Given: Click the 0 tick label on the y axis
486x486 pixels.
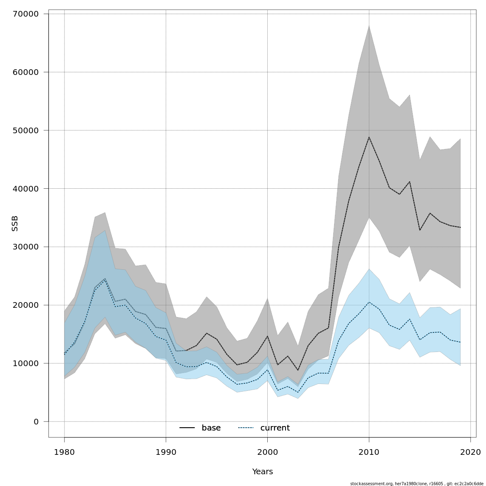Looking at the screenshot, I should pyautogui.click(x=36, y=422).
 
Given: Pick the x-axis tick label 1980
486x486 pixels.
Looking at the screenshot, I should pyautogui.click(x=64, y=452).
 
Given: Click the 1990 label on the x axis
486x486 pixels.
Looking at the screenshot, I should pyautogui.click(x=166, y=452).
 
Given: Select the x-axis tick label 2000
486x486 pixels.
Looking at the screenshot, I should pyautogui.click(x=267, y=452).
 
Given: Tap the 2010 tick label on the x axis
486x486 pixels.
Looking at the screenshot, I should pyautogui.click(x=369, y=452).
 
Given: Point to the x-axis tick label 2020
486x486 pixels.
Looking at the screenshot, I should pyautogui.click(x=470, y=452).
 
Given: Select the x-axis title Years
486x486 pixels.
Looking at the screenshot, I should pyautogui.click(x=262, y=472).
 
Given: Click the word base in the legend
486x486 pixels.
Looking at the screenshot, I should pyautogui.click(x=211, y=428).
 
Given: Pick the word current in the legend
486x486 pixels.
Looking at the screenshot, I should pyautogui.click(x=275, y=428).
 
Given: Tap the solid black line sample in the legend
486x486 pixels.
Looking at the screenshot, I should pyautogui.click(x=187, y=428).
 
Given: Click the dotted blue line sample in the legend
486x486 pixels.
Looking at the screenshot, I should pyautogui.click(x=246, y=428).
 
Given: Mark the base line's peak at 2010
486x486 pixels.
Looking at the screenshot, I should pyautogui.click(x=369, y=137).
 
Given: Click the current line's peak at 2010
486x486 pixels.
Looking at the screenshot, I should pyautogui.click(x=369, y=302).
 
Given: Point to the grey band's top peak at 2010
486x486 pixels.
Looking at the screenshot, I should pyautogui.click(x=369, y=26).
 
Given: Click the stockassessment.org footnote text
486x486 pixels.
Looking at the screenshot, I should pyautogui.click(x=417, y=484).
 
